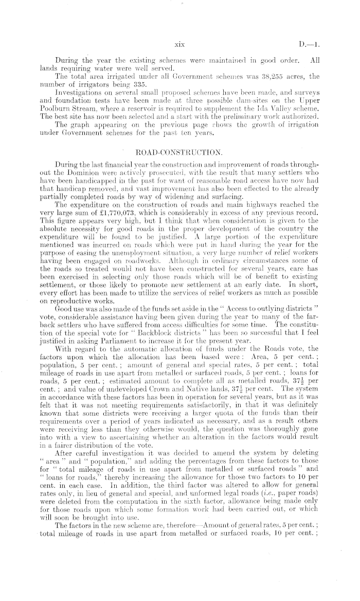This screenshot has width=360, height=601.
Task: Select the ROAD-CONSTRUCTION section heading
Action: click(179, 152)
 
